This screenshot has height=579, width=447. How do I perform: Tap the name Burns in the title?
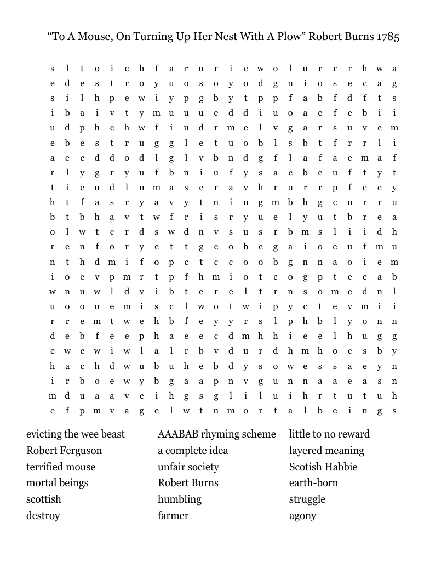pyautogui.click(x=358, y=37)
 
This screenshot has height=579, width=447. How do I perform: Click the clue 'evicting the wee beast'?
pyautogui.click(x=76, y=434)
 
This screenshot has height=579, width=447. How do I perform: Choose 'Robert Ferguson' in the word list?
pyautogui.click(x=64, y=451)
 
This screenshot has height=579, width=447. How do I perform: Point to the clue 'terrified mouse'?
pyautogui.click(x=61, y=467)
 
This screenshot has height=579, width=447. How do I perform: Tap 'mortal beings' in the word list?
pyautogui.click(x=57, y=483)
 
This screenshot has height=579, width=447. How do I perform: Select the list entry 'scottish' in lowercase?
pyautogui.click(x=44, y=499)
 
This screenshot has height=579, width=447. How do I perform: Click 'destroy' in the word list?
pyautogui.click(x=43, y=516)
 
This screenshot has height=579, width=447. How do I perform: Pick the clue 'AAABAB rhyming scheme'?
pyautogui.click(x=217, y=434)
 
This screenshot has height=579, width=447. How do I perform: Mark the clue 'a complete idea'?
pyautogui.click(x=193, y=451)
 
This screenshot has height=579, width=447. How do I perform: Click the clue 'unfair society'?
pyautogui.click(x=188, y=467)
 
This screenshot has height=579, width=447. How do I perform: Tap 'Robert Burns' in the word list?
pyautogui.click(x=188, y=483)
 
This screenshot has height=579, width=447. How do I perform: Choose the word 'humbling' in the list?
pyautogui.click(x=180, y=499)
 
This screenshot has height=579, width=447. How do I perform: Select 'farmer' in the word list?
pyautogui.click(x=173, y=516)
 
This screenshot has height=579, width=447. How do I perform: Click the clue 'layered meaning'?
pyautogui.click(x=326, y=451)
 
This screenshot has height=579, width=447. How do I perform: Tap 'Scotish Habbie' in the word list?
pyautogui.click(x=323, y=467)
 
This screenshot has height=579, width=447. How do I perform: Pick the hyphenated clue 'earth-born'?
pyautogui.click(x=313, y=483)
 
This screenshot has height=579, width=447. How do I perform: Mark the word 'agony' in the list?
pyautogui.click(x=302, y=516)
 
